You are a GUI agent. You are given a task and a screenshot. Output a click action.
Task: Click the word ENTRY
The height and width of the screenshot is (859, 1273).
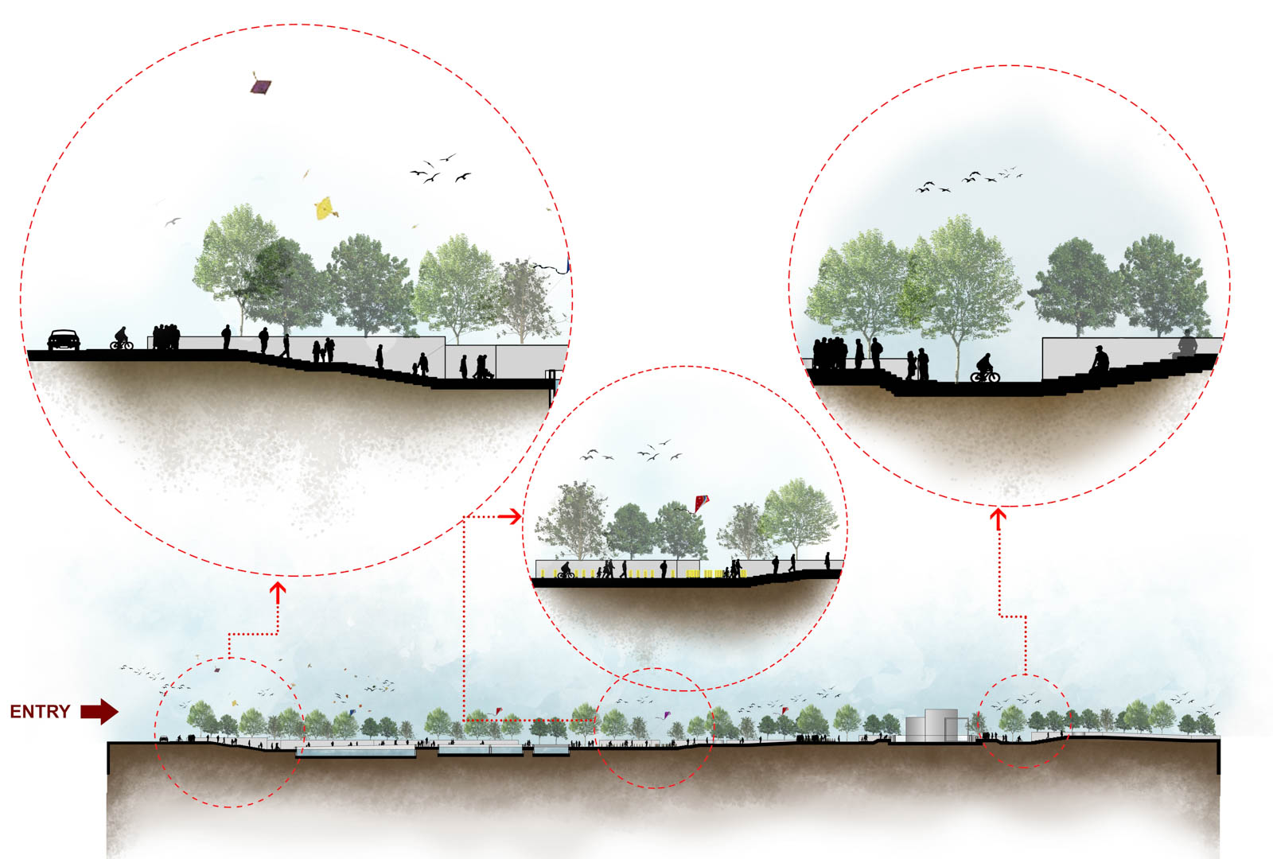40,711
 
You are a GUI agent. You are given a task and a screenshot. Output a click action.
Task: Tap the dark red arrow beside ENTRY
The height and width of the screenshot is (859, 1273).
99,711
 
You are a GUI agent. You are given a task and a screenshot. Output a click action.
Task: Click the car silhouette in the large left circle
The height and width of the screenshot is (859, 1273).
64,340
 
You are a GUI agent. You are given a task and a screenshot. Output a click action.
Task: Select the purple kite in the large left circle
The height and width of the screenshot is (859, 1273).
261,86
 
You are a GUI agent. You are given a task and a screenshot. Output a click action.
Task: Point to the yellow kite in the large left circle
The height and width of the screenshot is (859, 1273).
325,208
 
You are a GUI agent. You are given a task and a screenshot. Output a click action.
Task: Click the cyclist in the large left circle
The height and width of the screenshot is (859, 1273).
122,339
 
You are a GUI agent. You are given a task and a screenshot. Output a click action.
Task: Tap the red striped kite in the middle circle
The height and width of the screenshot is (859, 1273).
702,503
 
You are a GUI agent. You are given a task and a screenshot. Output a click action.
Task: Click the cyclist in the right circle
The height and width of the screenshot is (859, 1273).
985,368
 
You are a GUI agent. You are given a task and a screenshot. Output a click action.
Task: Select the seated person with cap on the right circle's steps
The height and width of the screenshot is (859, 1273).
1099,359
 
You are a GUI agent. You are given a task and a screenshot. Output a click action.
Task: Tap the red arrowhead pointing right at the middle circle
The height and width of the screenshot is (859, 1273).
515,516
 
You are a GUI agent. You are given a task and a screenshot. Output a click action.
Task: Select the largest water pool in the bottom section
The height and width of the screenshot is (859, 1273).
356,752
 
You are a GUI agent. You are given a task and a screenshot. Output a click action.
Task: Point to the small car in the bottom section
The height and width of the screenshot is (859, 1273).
164,739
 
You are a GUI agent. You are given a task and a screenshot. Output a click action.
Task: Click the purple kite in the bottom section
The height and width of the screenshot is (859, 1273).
667,715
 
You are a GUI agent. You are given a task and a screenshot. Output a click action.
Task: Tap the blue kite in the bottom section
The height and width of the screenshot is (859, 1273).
352,712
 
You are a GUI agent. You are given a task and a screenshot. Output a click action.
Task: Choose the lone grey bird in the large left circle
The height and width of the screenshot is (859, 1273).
172,222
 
